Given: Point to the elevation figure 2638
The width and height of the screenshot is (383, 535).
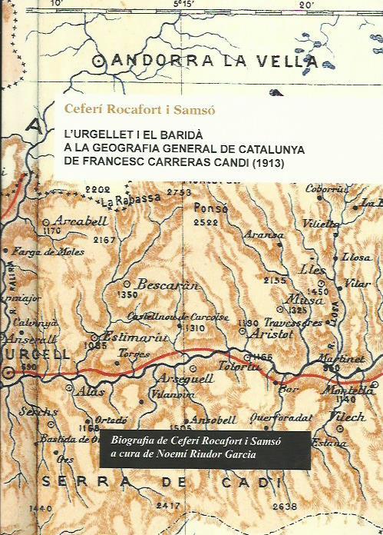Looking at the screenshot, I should (285, 506).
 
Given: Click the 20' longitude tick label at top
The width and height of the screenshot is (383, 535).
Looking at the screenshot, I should (306, 5).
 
